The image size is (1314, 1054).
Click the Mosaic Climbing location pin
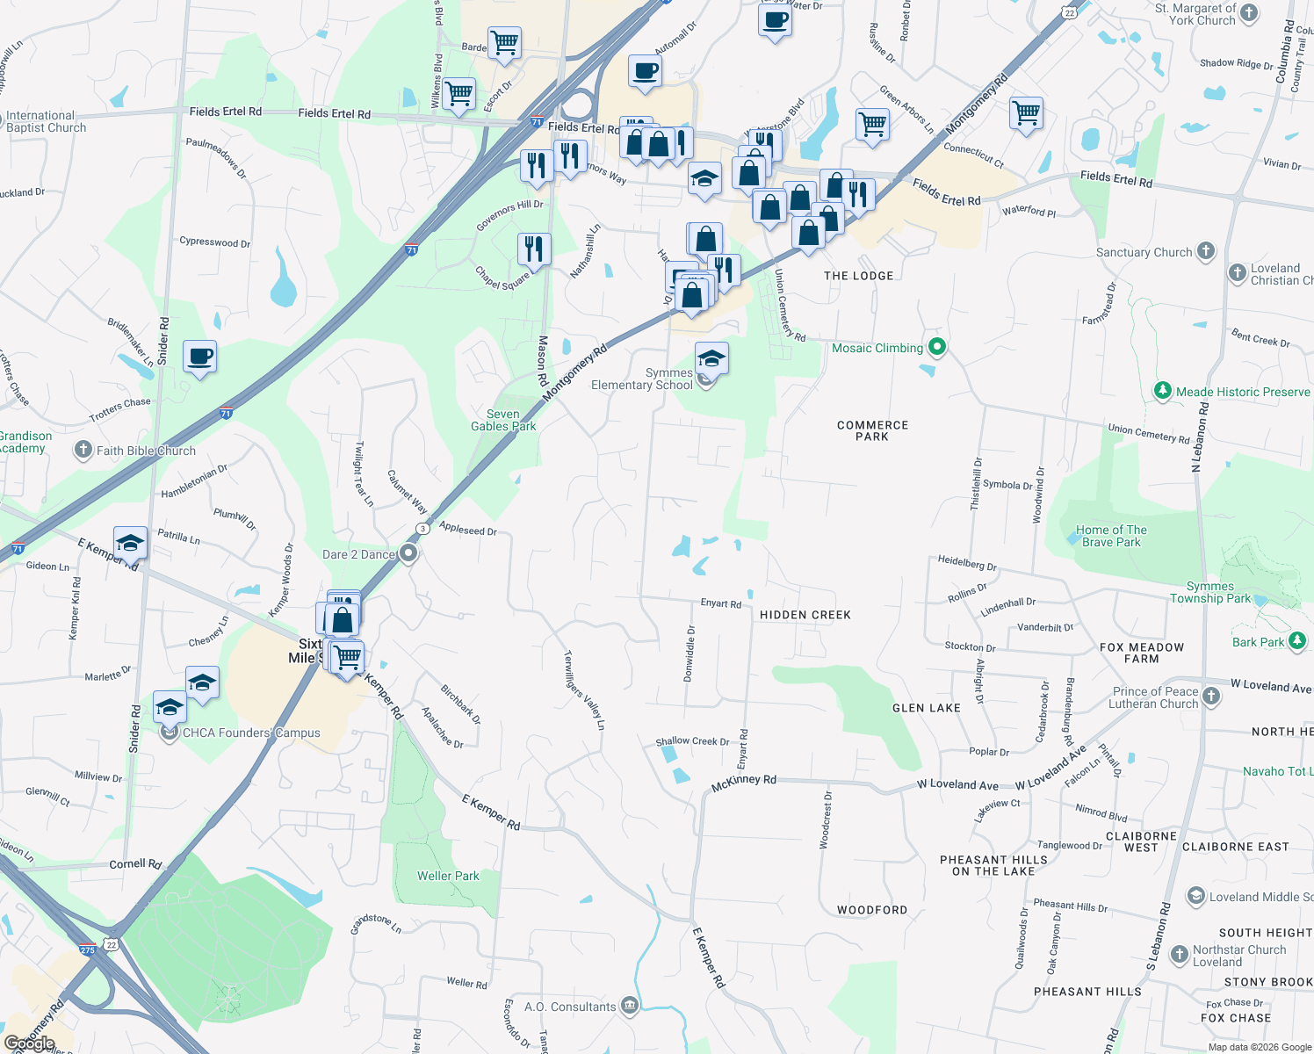pyautogui.click(x=937, y=347)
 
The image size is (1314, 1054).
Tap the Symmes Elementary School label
pyautogui.click(x=642, y=379)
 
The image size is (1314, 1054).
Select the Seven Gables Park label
pyautogui.click(x=503, y=420)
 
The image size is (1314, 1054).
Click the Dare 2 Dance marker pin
pyautogui.click(x=408, y=553)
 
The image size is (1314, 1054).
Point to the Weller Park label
pyautogui.click(x=448, y=876)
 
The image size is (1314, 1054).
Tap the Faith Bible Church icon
pyautogui.click(x=83, y=451)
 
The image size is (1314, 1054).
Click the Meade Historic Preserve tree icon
pyautogui.click(x=1163, y=391)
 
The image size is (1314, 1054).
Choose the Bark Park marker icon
pyautogui.click(x=1297, y=641)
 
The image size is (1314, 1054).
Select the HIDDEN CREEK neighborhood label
pyautogui.click(x=805, y=615)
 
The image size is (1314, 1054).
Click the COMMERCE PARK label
pyautogui.click(x=872, y=430)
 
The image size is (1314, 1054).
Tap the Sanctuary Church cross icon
pyautogui.click(x=1206, y=251)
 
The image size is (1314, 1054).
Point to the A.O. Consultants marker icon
pyautogui.click(x=629, y=1006)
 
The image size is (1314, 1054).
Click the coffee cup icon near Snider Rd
pyautogui.click(x=200, y=357)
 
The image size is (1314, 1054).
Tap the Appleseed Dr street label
pyautogui.click(x=468, y=530)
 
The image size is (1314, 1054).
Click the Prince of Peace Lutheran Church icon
pyautogui.click(x=1211, y=697)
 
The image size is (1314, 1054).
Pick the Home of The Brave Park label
pyautogui.click(x=1111, y=536)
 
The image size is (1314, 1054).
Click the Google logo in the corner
pyautogui.click(x=30, y=1043)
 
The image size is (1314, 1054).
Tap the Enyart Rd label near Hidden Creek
pyautogui.click(x=720, y=603)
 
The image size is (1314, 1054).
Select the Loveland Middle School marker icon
pyautogui.click(x=1195, y=896)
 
